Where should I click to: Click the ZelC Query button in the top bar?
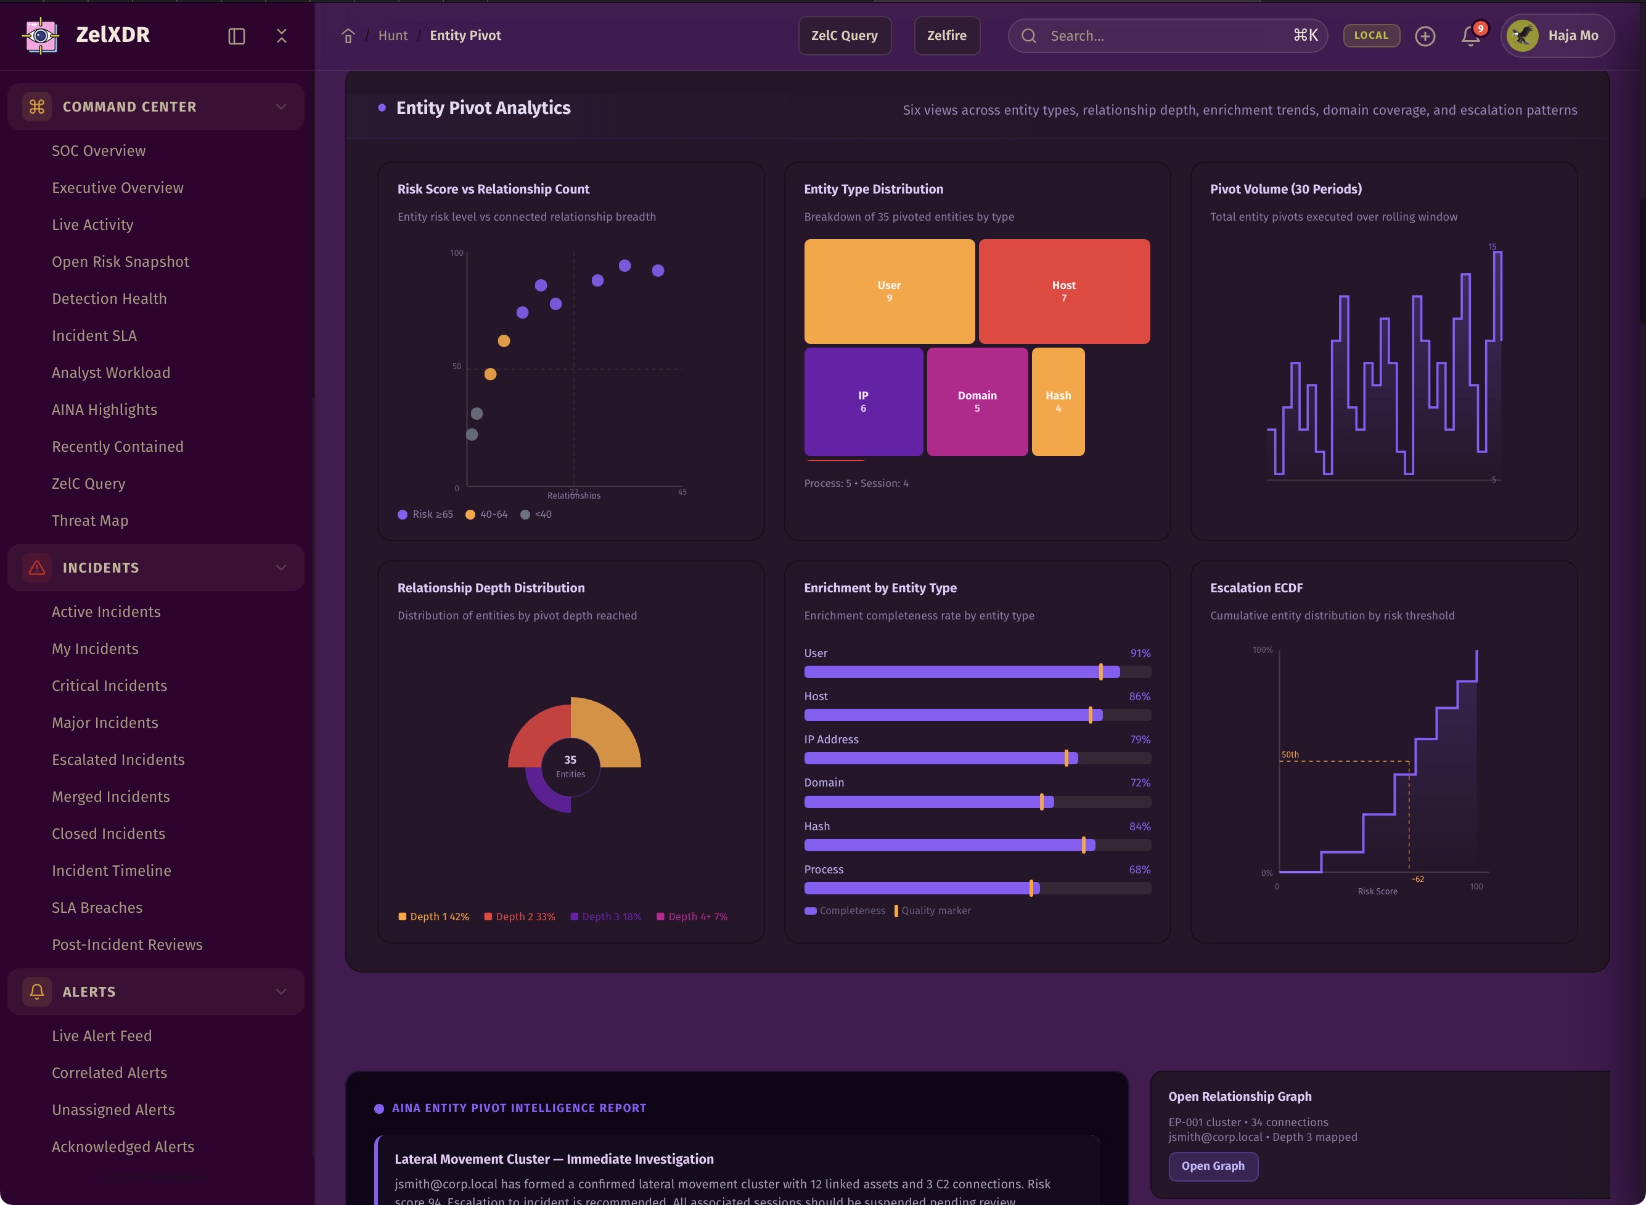tap(844, 36)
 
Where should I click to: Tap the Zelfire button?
tap(946, 36)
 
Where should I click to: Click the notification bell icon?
tap(1470, 36)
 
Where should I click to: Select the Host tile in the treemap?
tap(1064, 291)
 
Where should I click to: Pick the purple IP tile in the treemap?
tap(863, 401)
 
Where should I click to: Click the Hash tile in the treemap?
tap(1058, 401)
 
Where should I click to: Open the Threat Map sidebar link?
tap(90, 521)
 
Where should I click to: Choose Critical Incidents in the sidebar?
tap(110, 685)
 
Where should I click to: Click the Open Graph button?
tap(1213, 1166)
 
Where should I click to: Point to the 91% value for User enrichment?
tap(1140, 653)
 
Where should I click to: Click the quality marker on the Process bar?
tap(1031, 888)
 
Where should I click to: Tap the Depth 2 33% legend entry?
tap(520, 917)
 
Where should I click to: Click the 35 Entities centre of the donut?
tap(571, 766)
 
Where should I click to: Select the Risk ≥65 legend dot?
tap(403, 515)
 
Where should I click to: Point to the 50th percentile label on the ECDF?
tap(1290, 755)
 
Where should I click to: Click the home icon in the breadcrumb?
tap(348, 36)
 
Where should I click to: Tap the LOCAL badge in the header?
tap(1371, 36)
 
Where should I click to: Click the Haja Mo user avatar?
tap(1523, 36)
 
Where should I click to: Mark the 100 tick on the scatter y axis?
tap(457, 253)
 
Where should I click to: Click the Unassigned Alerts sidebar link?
tap(113, 1110)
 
